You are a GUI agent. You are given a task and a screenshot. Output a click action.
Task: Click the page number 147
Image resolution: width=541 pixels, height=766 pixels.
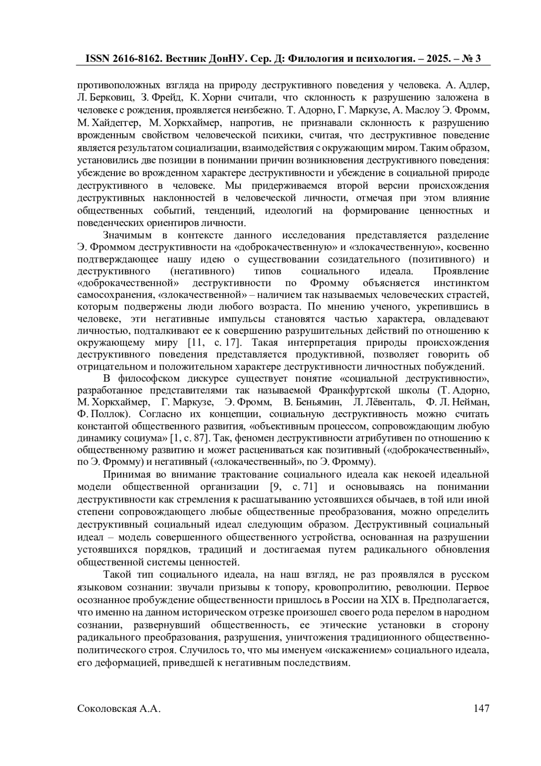pos(481,708)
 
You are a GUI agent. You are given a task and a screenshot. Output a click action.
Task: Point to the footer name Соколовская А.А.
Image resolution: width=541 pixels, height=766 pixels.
pos(119,708)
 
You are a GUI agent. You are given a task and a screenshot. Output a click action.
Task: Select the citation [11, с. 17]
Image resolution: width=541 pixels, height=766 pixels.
pos(213,342)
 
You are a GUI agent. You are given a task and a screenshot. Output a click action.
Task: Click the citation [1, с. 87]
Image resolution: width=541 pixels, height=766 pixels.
pos(188,438)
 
